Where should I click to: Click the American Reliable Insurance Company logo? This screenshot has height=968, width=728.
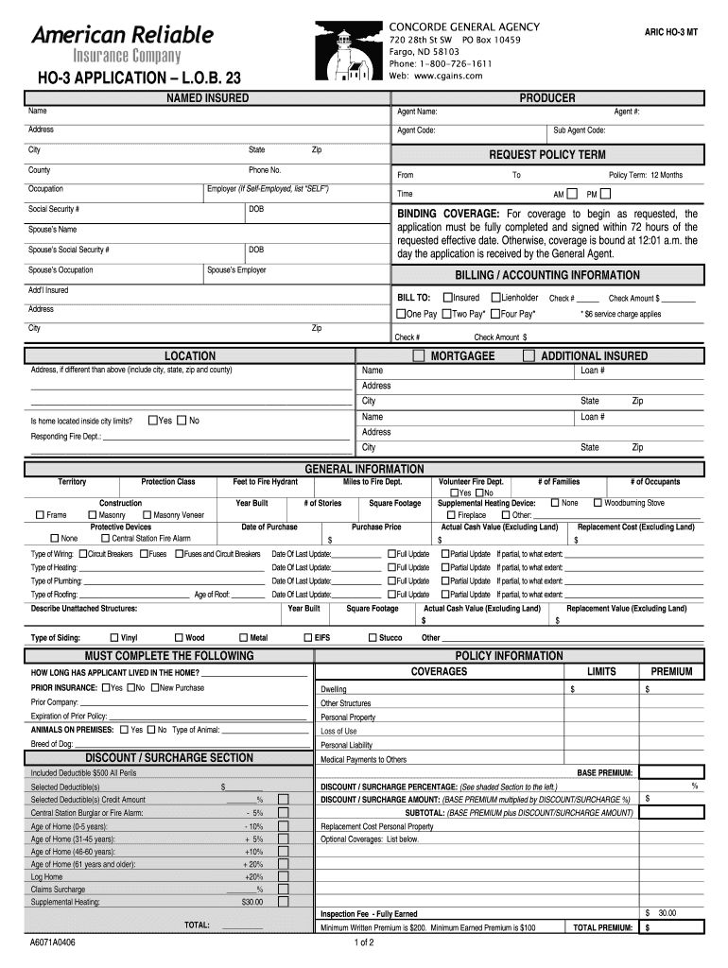(x=123, y=46)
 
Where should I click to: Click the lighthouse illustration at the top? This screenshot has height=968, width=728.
(x=350, y=52)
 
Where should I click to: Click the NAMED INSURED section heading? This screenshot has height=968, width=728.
(x=207, y=98)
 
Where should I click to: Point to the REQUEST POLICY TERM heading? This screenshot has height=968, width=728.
(x=546, y=154)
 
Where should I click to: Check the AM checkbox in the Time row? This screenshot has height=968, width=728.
(x=572, y=194)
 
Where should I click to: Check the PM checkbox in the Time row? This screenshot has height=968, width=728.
(x=606, y=194)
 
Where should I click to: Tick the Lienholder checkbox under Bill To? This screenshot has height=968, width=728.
(x=494, y=298)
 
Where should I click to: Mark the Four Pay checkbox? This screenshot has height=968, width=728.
(x=494, y=314)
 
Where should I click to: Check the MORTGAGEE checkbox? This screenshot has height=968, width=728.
(x=419, y=356)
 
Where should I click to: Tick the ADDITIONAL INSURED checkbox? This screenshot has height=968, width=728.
(x=529, y=356)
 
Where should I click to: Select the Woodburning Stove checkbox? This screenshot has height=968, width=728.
(x=598, y=503)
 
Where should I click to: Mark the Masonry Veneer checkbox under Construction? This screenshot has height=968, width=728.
(x=147, y=515)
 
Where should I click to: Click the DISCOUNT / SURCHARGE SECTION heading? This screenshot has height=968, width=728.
(x=169, y=758)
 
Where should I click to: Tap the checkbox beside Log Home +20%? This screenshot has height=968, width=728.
(x=284, y=877)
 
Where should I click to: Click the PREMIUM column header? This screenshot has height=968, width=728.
(x=671, y=672)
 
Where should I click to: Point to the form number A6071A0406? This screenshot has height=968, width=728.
(x=52, y=942)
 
